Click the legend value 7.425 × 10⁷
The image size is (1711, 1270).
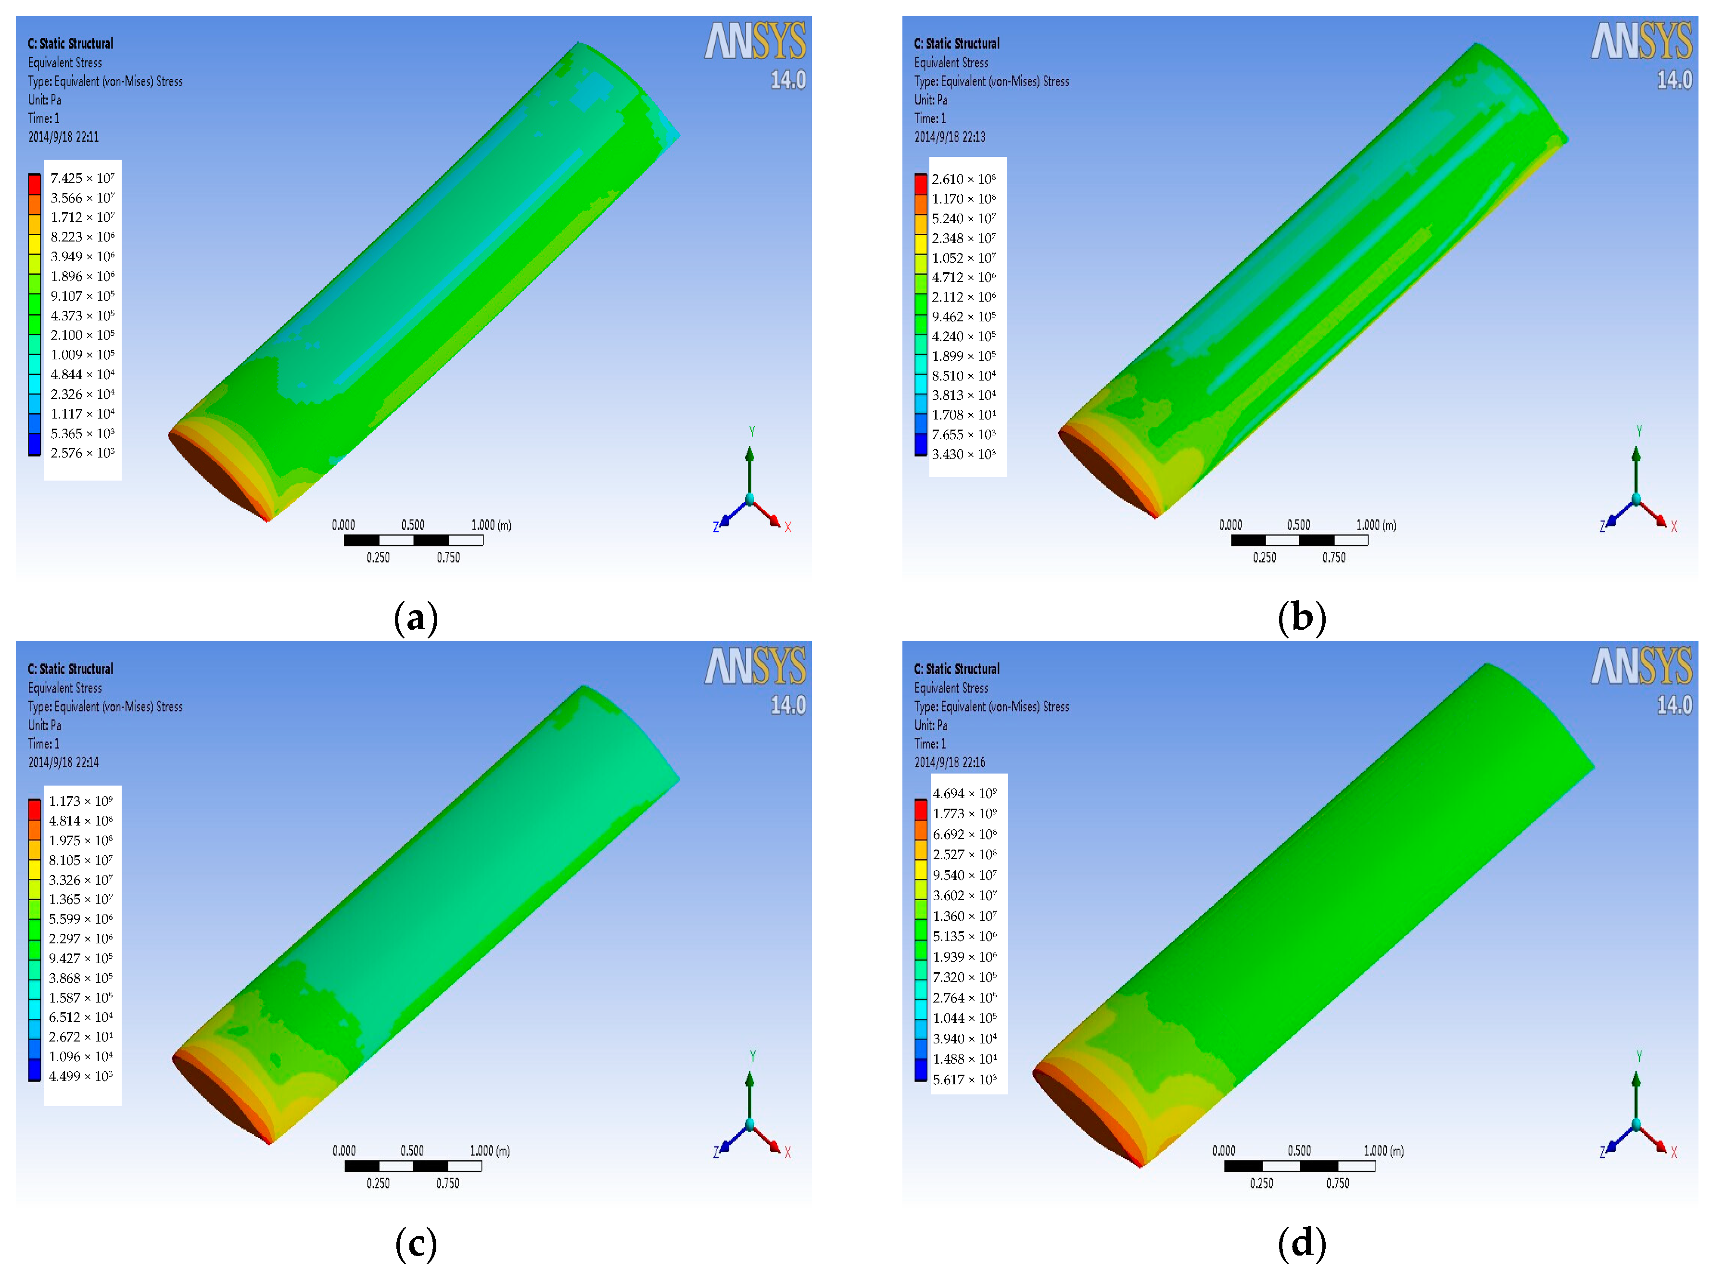click(82, 178)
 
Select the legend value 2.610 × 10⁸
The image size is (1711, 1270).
click(964, 179)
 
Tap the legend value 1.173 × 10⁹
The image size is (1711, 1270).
click(81, 801)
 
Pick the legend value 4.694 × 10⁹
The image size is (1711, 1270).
click(964, 793)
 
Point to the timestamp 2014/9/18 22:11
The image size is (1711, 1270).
click(64, 137)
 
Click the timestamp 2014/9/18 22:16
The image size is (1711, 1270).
click(949, 762)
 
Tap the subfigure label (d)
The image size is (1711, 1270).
click(1302, 1242)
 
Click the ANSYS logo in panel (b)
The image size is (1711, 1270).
click(1641, 41)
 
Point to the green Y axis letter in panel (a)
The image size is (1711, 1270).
click(752, 432)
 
